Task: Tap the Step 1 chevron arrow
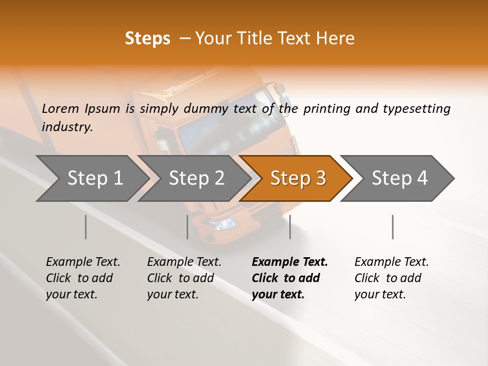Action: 93,178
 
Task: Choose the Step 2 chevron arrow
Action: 194,178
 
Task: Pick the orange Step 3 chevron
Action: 296,178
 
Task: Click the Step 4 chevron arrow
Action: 398,178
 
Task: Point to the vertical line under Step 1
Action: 85,227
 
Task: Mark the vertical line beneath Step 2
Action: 188,227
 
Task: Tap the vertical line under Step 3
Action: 290,227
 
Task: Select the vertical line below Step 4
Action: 393,227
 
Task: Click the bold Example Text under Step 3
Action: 290,262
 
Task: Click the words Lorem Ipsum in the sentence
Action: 81,109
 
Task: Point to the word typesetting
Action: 417,109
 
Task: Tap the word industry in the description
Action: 67,127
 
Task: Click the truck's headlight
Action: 223,224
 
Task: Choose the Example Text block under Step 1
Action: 83,278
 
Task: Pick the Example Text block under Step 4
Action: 391,278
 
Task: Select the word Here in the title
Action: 335,38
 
